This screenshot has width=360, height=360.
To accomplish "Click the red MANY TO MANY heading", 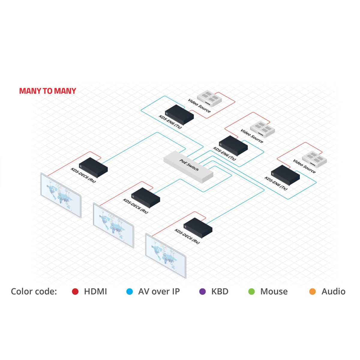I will [x=47, y=91].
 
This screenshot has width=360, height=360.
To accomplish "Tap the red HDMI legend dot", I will [x=75, y=292].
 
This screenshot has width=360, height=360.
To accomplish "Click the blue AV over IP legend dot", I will [x=130, y=292].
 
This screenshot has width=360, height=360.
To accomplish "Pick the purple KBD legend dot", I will [x=202, y=292].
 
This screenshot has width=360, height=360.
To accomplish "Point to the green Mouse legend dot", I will [x=252, y=292].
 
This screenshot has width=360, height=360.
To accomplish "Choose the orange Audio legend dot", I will [x=313, y=292].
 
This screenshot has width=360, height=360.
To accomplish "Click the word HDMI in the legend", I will [x=95, y=292].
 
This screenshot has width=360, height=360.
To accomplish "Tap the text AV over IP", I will [x=159, y=292].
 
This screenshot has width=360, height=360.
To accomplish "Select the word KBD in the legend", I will [x=220, y=292].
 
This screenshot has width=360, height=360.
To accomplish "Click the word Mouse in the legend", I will [x=274, y=292].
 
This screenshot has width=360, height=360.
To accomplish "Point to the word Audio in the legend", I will [x=333, y=292].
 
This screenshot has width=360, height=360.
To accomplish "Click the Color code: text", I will [x=34, y=292].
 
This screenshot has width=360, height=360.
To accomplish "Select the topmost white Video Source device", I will [x=209, y=98].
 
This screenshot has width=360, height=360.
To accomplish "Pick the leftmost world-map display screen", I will [x=61, y=195].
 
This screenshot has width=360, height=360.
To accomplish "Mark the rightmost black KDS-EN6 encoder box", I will [x=285, y=175].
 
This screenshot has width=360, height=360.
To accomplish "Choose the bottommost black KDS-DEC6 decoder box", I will [x=198, y=227].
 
